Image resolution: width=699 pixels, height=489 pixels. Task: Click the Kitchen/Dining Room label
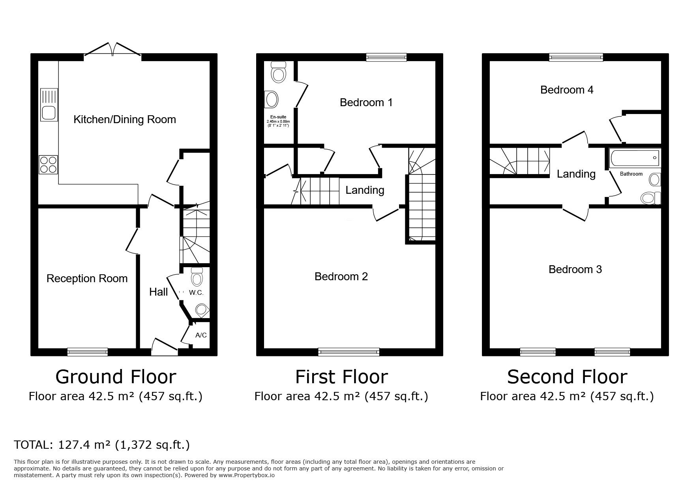(125, 120)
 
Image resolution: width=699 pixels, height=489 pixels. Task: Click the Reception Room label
(87, 279)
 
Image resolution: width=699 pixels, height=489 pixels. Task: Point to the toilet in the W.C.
(197, 276)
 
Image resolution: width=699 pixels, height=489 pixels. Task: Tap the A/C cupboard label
(201, 335)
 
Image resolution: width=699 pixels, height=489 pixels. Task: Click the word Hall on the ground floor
(158, 292)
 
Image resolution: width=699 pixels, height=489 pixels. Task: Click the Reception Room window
(87, 352)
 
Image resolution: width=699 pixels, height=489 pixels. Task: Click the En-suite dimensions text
(279, 123)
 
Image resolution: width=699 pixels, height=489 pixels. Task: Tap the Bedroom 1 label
(366, 103)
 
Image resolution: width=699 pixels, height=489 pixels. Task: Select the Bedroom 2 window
(349, 352)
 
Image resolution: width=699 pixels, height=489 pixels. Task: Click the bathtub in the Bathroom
(634, 158)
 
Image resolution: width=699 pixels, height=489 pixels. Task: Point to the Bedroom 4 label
(567, 90)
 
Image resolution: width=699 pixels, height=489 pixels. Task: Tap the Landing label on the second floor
(576, 174)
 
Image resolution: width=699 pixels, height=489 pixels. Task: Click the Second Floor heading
(567, 377)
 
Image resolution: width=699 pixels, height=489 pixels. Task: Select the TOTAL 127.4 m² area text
(102, 445)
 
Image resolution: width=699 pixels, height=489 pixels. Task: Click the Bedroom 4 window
(576, 57)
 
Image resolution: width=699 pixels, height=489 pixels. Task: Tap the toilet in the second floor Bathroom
(650, 198)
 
